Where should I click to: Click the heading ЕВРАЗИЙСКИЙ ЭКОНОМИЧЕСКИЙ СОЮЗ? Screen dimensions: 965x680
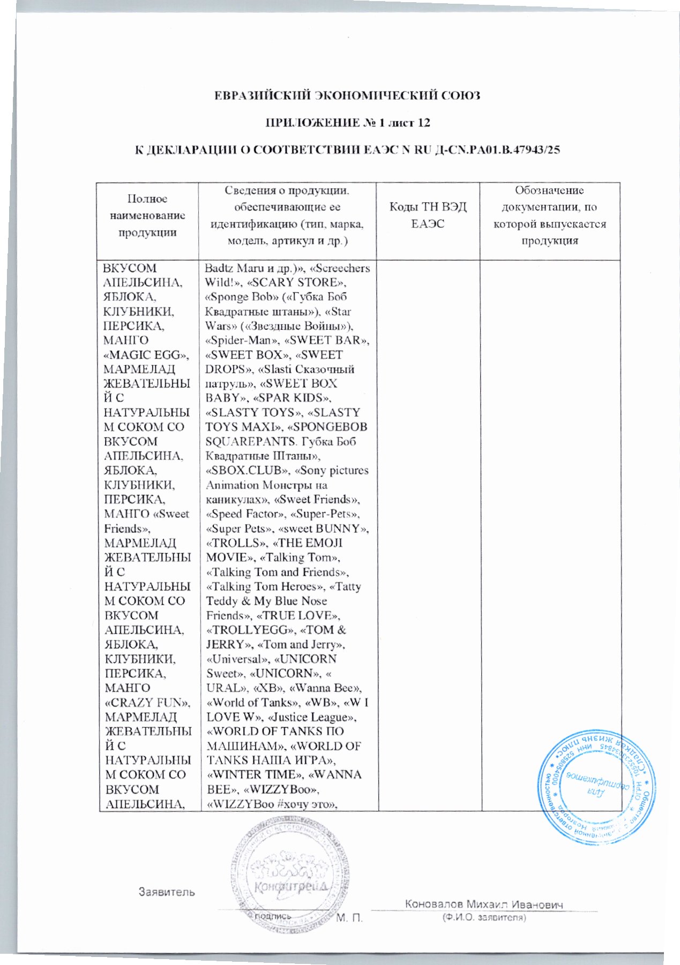click(x=347, y=96)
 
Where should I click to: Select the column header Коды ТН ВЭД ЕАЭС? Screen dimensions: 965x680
click(x=428, y=215)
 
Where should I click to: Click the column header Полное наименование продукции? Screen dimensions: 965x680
click(x=147, y=215)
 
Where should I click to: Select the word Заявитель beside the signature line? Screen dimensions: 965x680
click(x=167, y=892)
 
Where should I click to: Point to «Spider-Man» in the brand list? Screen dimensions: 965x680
click(x=236, y=340)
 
